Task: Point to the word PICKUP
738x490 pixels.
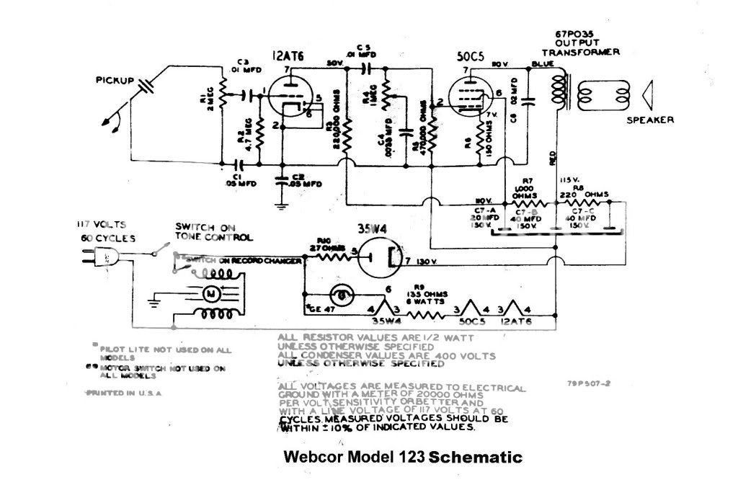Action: tap(115, 79)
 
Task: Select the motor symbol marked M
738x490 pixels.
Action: tap(212, 293)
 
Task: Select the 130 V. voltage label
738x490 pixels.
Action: tap(428, 260)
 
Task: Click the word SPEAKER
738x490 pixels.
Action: tap(651, 120)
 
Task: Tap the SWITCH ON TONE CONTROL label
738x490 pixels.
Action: tap(214, 231)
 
